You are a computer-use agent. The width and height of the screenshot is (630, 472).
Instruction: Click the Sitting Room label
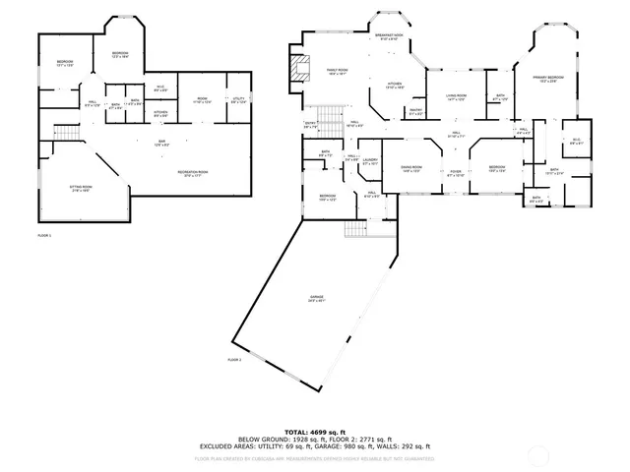pyautogui.click(x=81, y=187)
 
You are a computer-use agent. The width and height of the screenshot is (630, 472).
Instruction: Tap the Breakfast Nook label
pyautogui.click(x=391, y=36)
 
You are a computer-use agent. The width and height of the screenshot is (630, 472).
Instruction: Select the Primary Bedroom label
pyautogui.click(x=548, y=78)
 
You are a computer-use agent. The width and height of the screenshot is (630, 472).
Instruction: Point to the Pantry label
pyautogui.click(x=415, y=111)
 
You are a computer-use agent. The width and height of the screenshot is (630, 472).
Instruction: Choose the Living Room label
pyautogui.click(x=456, y=96)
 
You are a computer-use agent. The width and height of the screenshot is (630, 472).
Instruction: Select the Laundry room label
pyautogui.click(x=370, y=160)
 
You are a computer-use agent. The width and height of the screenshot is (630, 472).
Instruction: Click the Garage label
pyautogui.click(x=316, y=298)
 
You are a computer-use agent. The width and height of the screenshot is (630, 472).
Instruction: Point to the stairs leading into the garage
pyautogui.click(x=356, y=228)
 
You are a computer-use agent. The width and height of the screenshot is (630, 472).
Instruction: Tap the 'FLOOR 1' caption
pyautogui.click(x=43, y=236)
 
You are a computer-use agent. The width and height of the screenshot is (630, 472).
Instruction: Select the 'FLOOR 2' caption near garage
pyautogui.click(x=234, y=361)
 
